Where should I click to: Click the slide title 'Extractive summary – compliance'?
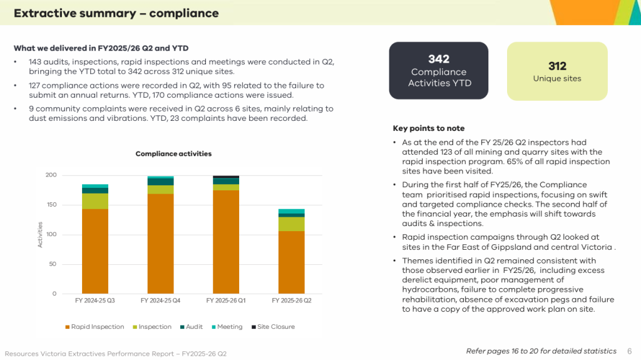click(x=116, y=13)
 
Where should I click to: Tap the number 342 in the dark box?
click(x=439, y=59)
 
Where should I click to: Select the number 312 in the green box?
click(x=557, y=66)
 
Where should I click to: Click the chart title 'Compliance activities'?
click(x=173, y=154)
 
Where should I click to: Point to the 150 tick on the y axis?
click(x=51, y=205)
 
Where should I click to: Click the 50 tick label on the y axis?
click(x=53, y=264)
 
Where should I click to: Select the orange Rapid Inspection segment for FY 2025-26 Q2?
click(x=292, y=262)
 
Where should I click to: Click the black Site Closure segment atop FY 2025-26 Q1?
click(x=226, y=177)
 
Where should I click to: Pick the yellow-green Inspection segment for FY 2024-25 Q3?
click(x=95, y=201)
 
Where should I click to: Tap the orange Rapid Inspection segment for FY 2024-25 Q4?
click(x=161, y=244)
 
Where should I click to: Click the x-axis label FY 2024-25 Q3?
click(x=95, y=301)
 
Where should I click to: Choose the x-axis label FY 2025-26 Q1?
click(x=226, y=301)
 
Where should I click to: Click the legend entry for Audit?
click(x=192, y=327)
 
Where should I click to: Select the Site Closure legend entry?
click(x=273, y=327)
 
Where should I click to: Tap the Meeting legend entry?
click(x=227, y=327)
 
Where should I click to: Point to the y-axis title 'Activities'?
click(x=40, y=234)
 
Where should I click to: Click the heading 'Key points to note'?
click(x=428, y=128)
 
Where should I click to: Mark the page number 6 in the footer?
click(x=630, y=351)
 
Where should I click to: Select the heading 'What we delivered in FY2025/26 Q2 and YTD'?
click(x=101, y=48)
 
